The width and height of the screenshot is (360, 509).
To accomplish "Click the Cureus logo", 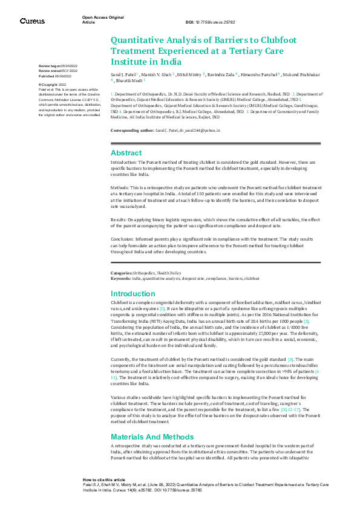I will pyautogui.click(x=32, y=21).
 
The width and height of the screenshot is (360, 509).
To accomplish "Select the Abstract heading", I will pyautogui.click(x=126, y=153).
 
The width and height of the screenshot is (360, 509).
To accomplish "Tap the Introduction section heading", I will pyautogui.click(x=133, y=293).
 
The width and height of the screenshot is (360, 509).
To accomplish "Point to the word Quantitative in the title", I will pyautogui.click(x=137, y=40).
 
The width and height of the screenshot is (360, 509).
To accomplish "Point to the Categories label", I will pyautogui.click(x=122, y=274).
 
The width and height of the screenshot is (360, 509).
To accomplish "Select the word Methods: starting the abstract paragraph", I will pyautogui.click(x=120, y=188).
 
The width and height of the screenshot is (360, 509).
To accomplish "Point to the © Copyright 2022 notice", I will pyautogui.click(x=53, y=85).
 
